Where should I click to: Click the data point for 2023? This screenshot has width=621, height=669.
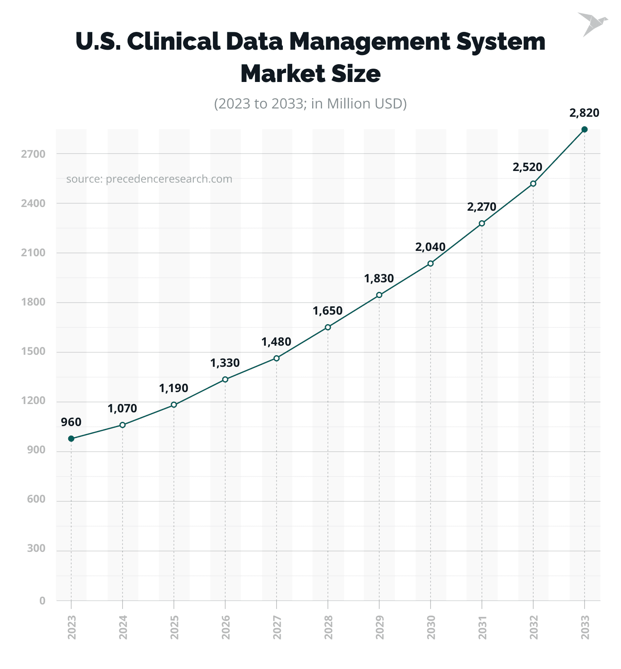tap(71, 438)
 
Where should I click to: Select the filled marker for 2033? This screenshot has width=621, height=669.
tap(584, 130)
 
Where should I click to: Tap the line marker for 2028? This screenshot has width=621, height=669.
tap(328, 327)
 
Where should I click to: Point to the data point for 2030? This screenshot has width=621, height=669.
tap(431, 263)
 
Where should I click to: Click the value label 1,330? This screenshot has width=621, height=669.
tap(225, 363)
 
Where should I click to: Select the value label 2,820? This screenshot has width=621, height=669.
tap(584, 113)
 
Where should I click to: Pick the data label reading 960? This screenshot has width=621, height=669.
tap(71, 422)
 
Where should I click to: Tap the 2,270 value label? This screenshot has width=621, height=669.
tap(481, 207)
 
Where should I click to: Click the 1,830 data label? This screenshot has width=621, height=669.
tap(379, 279)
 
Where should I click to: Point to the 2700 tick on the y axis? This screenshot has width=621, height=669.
tap(33, 154)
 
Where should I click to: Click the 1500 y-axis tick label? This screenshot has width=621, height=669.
tap(33, 352)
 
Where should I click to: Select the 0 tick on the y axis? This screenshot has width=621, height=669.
tap(42, 601)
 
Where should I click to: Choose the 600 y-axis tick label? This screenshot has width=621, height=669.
tap(36, 499)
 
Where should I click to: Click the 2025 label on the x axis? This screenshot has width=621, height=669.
tap(174, 627)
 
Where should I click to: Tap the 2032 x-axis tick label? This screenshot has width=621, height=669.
tap(533, 627)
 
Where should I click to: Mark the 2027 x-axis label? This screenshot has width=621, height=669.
tap(277, 627)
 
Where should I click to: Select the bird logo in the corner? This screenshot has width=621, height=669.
tap(592, 24)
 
